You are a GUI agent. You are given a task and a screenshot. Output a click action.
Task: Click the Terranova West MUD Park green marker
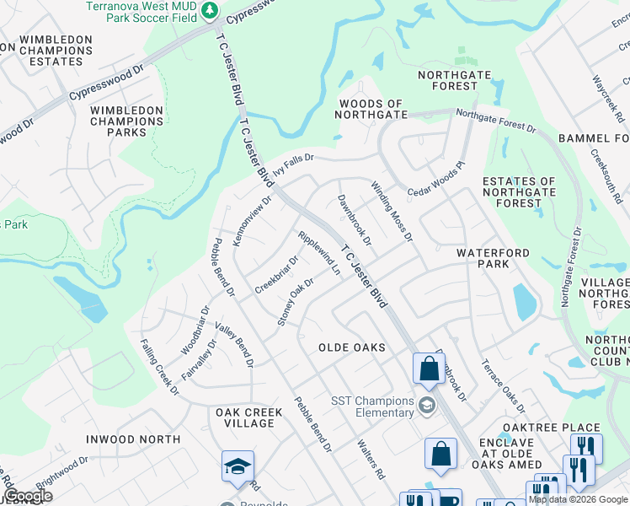click(211, 12)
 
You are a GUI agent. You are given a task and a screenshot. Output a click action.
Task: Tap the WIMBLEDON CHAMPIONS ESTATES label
click(56, 51)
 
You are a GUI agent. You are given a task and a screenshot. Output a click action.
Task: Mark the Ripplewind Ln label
click(319, 254)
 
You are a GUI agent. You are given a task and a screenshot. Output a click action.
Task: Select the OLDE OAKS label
click(352, 347)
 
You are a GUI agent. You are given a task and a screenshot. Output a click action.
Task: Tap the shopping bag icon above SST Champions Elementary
click(428, 369)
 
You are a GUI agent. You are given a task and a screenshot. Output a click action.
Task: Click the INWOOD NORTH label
click(133, 439)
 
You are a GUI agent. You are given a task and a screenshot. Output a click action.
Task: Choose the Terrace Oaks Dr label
click(502, 384)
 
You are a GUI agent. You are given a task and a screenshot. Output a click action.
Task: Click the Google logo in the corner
click(28, 496)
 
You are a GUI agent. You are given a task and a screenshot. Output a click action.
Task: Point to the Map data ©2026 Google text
click(578, 499)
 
